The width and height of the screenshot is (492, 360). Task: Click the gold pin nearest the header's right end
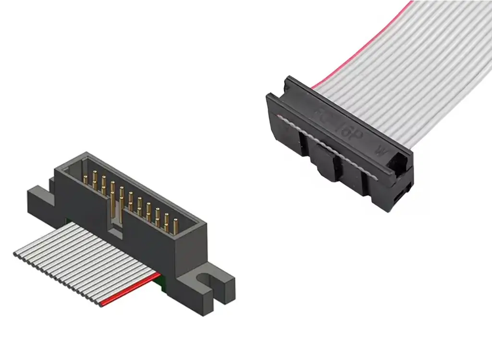[x=175, y=225]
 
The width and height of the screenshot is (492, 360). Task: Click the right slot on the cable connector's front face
[x=365, y=184]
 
